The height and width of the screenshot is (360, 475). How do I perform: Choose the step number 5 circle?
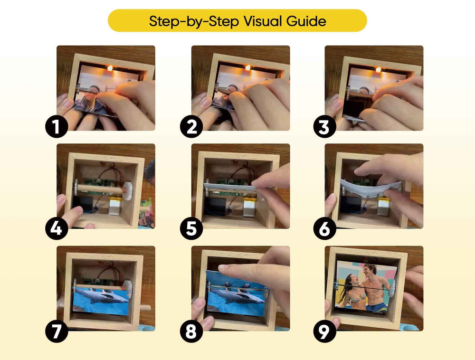[x=191, y=228]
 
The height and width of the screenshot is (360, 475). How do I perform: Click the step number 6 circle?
[x=325, y=228]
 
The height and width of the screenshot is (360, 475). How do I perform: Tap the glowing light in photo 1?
[x=110, y=68]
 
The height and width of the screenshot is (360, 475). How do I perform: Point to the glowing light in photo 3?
[x=378, y=69]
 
